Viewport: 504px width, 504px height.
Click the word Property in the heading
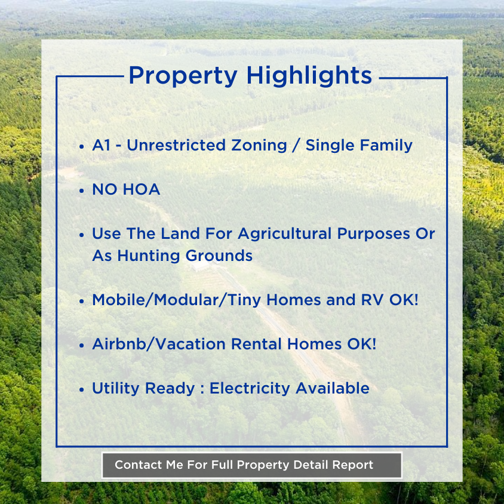183,76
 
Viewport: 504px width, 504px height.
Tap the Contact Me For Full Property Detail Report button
251,465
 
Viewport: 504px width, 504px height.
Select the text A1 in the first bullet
102,145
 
